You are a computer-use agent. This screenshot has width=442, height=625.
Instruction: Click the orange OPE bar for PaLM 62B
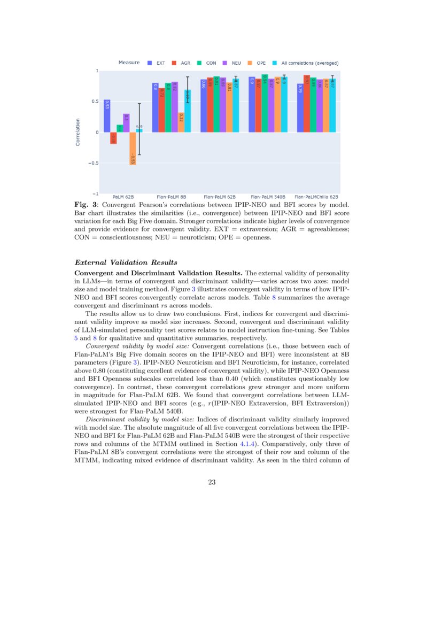pyautogui.click(x=133, y=149)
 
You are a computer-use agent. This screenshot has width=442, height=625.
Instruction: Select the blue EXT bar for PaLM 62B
pyautogui.click(x=107, y=116)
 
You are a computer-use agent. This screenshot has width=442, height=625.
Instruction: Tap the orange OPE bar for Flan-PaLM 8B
pyautogui.click(x=181, y=122)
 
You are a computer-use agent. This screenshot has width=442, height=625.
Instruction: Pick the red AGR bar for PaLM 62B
pyautogui.click(x=113, y=138)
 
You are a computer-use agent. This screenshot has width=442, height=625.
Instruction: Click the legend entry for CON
pyautogui.click(x=207, y=63)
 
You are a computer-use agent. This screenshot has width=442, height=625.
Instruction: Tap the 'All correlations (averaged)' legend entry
pyautogui.click(x=305, y=63)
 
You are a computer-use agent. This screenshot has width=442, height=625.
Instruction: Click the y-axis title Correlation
pyautogui.click(x=78, y=132)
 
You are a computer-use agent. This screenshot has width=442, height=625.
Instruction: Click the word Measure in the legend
pyautogui.click(x=129, y=63)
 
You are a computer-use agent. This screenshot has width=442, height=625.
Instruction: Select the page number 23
pyautogui.click(x=211, y=482)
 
